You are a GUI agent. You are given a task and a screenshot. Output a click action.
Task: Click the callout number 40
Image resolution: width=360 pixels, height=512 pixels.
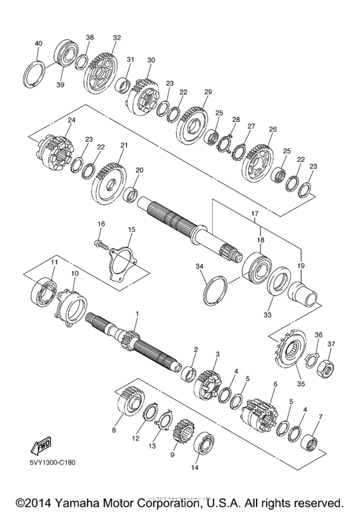(x=38, y=43)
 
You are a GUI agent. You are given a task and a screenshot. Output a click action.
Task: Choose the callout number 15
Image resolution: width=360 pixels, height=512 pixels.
(x=131, y=229)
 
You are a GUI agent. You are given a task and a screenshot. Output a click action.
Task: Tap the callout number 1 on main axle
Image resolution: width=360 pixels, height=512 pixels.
(x=136, y=312)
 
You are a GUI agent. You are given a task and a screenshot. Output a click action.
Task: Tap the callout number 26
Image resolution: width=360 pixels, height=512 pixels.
(x=273, y=129)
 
